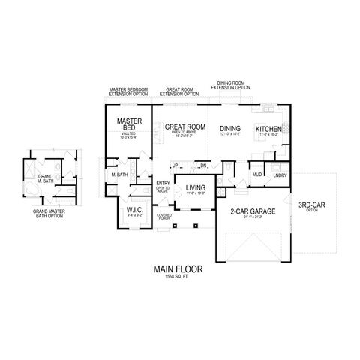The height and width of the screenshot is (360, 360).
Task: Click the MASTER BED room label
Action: click(125, 124)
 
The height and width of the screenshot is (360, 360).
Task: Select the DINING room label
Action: click(230, 129)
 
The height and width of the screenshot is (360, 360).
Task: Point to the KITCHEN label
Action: click(268, 130)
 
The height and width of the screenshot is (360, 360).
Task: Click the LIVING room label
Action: click(196, 188)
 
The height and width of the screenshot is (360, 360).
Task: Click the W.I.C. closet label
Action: click(136, 210)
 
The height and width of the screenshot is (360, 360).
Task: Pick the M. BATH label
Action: click(118, 175)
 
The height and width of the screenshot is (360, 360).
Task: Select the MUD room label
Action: click(256, 175)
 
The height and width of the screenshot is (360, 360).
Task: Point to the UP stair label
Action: click(175, 165)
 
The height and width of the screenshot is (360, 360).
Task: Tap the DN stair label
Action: click(202, 165)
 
